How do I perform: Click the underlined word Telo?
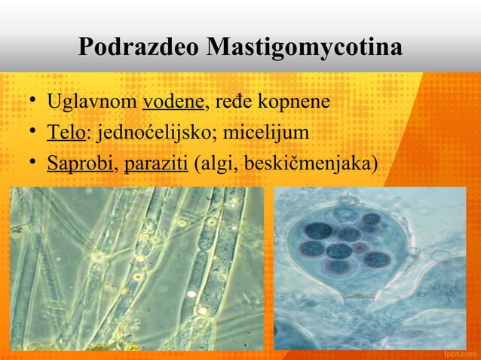[x=66, y=132]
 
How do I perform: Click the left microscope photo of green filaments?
[x=136, y=267]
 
